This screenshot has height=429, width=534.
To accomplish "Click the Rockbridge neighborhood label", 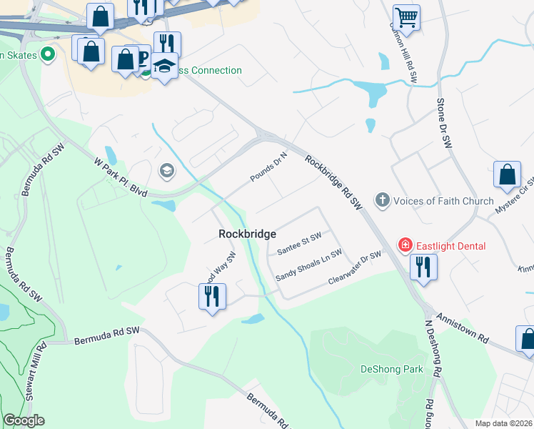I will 247,234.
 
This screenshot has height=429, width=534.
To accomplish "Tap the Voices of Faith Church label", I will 443,201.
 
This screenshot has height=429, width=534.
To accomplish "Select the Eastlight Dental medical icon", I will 405,246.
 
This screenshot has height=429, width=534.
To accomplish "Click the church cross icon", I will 383,200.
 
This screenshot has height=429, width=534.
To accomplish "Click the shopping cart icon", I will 406,17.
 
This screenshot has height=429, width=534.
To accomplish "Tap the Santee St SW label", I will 299,244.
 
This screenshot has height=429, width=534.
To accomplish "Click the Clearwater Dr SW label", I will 355,267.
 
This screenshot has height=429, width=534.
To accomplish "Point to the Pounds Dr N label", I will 268,167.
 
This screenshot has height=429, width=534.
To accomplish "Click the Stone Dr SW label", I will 444,124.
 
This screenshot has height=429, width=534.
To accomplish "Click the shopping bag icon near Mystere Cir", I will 507,174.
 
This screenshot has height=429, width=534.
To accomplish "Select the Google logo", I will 24,420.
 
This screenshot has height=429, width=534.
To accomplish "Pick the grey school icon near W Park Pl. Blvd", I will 166,171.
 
